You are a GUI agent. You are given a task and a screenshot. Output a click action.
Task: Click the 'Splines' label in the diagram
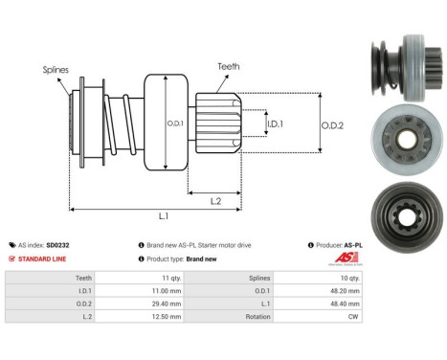click(55, 70)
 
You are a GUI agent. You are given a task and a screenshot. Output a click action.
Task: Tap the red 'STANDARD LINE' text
click(43, 259)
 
